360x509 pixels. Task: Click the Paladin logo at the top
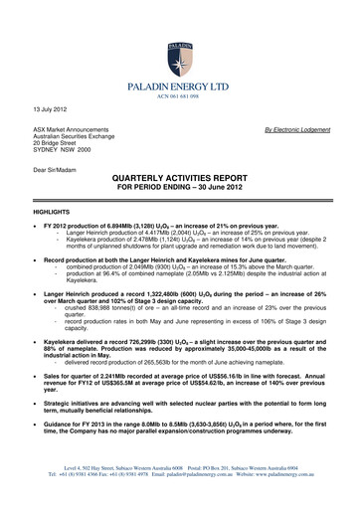point(180,35)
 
